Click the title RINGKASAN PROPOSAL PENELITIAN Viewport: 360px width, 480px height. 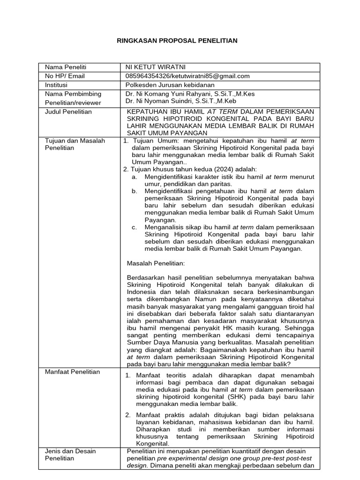tap(177, 41)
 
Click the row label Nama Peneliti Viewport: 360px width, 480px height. tap(66, 67)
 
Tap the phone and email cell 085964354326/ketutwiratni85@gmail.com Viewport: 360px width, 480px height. tap(187, 76)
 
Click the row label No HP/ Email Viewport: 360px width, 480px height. tap(65, 76)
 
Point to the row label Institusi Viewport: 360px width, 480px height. tap(56, 85)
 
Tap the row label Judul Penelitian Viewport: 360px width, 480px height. tap(68, 112)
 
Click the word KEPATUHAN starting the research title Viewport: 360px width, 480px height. tap(146, 112)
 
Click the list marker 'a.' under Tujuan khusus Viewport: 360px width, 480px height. tap(134, 177)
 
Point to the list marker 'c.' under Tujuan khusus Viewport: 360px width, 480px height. tap(134, 227)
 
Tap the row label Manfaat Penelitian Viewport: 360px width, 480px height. tap(72, 372)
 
